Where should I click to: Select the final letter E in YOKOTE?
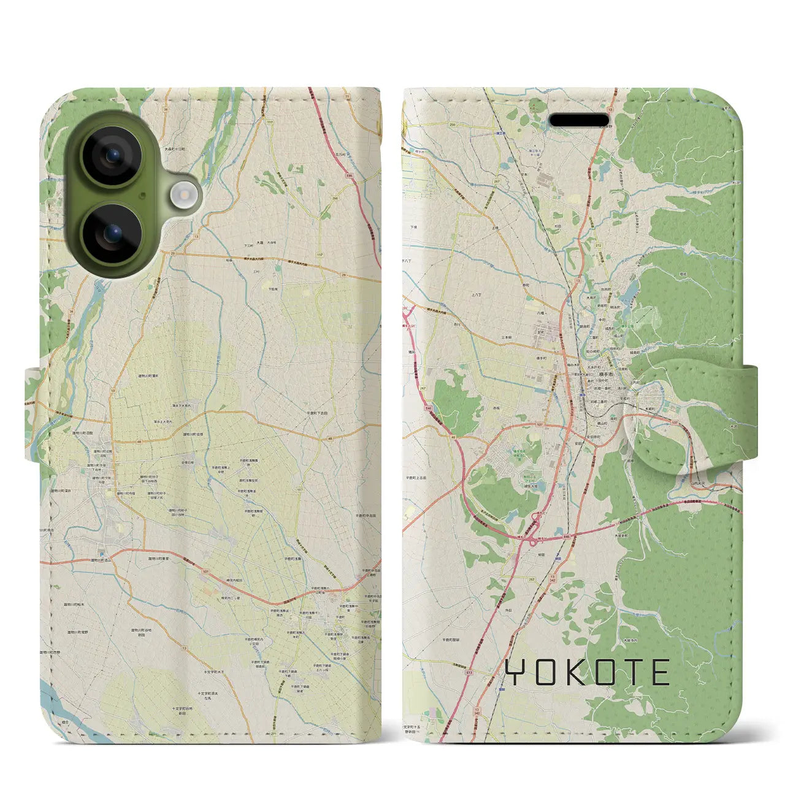[x=659, y=672]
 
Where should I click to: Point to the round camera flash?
[x=182, y=196]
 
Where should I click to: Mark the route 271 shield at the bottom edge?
[x=283, y=734]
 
